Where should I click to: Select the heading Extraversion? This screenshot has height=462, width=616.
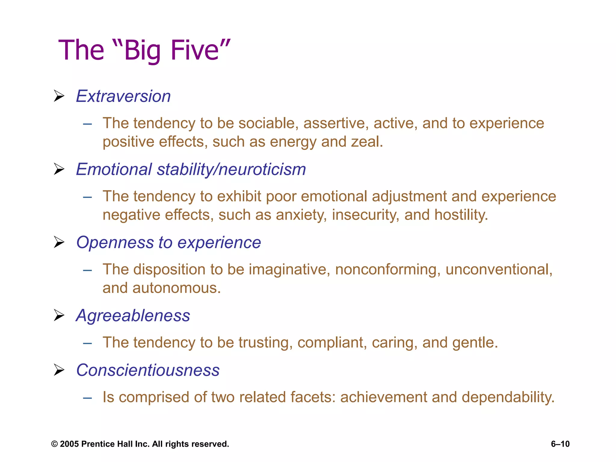[x=123, y=96]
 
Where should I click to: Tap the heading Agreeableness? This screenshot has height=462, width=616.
[x=133, y=316]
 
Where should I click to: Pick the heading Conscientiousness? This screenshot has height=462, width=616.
[x=148, y=370]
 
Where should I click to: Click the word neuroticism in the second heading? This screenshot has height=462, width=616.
[x=262, y=169]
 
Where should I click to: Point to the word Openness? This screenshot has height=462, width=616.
[x=115, y=242]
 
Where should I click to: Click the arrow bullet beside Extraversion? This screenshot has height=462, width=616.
[x=59, y=96]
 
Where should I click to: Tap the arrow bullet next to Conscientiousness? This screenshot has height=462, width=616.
[x=59, y=370]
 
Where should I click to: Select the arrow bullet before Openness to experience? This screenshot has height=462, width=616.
[x=59, y=242]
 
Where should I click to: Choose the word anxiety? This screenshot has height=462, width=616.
[x=301, y=215]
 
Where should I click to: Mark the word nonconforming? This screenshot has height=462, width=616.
[x=388, y=269]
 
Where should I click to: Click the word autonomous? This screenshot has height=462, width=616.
[x=177, y=288]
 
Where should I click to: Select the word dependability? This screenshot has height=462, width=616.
[x=508, y=397]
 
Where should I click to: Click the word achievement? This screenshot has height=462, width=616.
[x=383, y=397]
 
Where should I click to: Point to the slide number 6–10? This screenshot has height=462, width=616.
[x=560, y=444]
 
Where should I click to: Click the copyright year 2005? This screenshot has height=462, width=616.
[x=69, y=444]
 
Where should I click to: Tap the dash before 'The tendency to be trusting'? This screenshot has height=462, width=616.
[x=88, y=343]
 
